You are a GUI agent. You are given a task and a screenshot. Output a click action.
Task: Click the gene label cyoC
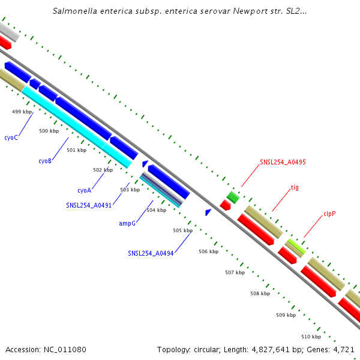pyautogui.click(x=11, y=137)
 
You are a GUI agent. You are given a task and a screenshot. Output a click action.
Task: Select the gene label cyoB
pyautogui.click(x=45, y=161)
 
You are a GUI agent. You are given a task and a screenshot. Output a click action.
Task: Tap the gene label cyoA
pyautogui.click(x=84, y=190)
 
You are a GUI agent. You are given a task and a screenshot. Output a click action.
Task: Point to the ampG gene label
pyautogui.click(x=127, y=223)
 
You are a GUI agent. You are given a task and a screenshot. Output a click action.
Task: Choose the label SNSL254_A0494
pyautogui.click(x=151, y=253)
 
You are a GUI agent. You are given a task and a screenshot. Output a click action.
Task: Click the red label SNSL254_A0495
pyautogui.click(x=283, y=162)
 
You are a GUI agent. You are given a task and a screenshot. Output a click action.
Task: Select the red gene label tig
pyautogui.click(x=295, y=187)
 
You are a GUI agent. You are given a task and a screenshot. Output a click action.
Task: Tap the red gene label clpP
pyautogui.click(x=329, y=213)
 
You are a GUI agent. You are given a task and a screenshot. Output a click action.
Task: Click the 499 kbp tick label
pyautogui.click(x=22, y=112)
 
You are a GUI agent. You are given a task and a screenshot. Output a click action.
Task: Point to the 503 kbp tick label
pyautogui.click(x=130, y=190)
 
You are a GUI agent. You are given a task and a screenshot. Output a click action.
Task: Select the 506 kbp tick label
pyautogui.click(x=208, y=251)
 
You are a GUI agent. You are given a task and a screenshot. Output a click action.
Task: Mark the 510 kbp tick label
pyautogui.click(x=311, y=337)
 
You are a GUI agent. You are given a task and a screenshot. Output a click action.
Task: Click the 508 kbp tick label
pyautogui.click(x=260, y=293)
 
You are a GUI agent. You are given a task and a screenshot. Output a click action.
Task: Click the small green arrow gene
pyautogui.click(x=233, y=197)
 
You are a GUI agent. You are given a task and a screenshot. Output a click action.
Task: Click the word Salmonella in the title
pyautogui.click(x=75, y=11)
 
